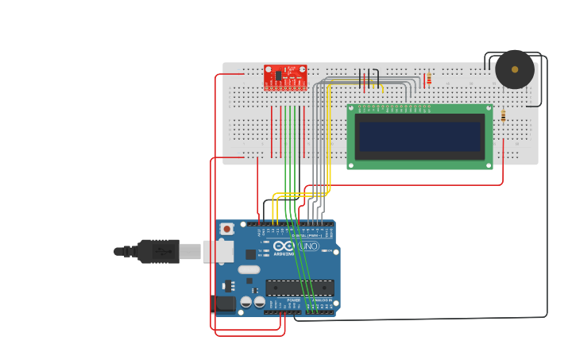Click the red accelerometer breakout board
coord(285,77)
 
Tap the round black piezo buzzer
coord(515,70)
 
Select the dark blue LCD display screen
coord(419,136)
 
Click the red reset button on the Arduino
coord(226,229)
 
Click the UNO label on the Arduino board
coord(308,246)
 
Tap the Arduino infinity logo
coord(284,246)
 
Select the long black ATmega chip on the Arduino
coord(300,288)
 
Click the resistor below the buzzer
coord(503,116)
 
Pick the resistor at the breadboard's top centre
coord(429,79)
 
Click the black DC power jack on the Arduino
coord(223,303)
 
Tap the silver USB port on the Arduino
coord(217,251)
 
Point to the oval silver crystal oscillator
coord(249,269)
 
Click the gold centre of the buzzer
coord(515,70)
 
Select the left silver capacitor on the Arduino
coord(246,302)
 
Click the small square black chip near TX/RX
coord(251,254)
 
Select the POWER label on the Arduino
coord(282,300)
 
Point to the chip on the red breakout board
coord(280,75)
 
